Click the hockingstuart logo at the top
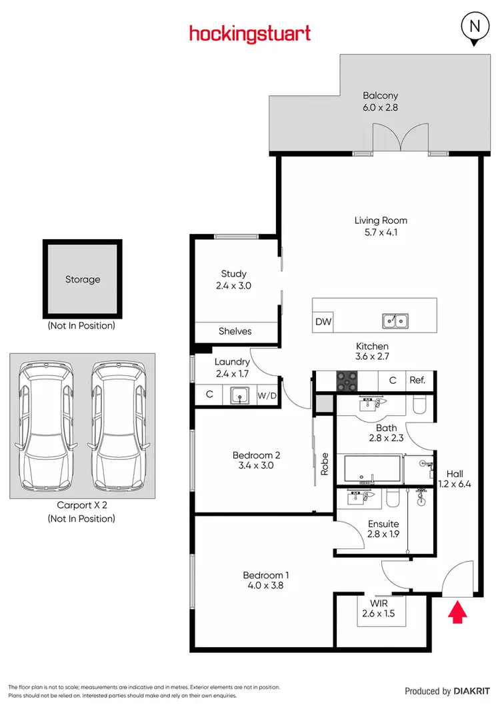[250, 33]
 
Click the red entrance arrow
[458, 612]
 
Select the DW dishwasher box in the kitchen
[323, 323]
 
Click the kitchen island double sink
[395, 322]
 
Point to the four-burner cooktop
[347, 380]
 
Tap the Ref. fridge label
[418, 380]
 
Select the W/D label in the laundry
[267, 395]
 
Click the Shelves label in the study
[235, 331]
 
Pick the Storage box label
[83, 279]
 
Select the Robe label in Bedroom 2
[325, 463]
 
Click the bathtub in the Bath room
[373, 470]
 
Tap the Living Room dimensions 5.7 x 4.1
[381, 233]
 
